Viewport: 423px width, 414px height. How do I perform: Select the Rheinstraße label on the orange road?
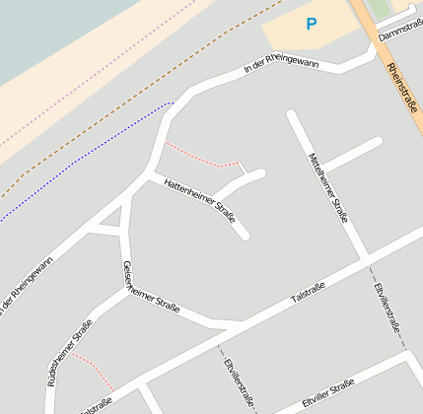404,86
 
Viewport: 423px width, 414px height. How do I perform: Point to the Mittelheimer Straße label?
328,187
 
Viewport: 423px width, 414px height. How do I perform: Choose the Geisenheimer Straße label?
150,288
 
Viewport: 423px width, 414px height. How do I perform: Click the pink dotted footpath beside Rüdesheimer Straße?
92,369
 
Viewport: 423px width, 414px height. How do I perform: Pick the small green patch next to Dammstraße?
379,9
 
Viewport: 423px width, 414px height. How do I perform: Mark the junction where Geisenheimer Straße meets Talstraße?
237,324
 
